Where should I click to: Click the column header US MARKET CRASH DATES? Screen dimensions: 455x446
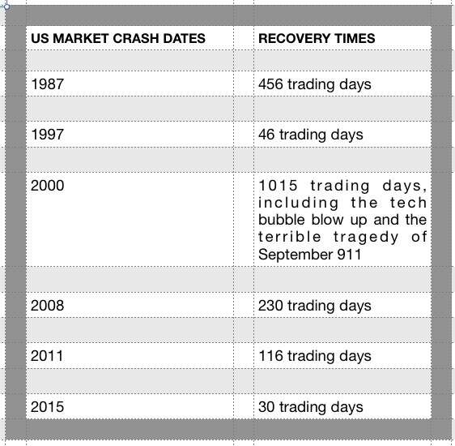pos(118,38)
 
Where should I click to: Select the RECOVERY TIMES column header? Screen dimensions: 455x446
pos(317,38)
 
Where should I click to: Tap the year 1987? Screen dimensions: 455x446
pos(47,84)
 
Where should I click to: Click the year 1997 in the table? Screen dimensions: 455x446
pos(47,135)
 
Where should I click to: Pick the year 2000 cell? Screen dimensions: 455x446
pos(47,186)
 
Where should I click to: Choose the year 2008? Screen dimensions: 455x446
pos(47,306)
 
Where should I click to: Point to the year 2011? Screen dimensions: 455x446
pos(47,356)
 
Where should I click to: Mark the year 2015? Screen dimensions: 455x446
pos(47,407)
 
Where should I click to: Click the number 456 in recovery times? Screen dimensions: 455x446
pos(270,84)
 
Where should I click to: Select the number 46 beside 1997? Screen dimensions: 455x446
pos(266,135)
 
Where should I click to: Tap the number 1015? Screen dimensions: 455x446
pos(278,186)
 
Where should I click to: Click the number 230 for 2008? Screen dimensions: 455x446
pos(270,306)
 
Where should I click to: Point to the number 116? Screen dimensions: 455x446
pos(270,356)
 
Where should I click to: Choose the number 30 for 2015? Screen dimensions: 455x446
pos(266,407)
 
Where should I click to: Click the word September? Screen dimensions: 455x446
pos(296,255)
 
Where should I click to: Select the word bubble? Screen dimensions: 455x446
pos(282,220)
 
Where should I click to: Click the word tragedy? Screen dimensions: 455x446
pos(366,238)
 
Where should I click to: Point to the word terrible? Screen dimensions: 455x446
pos(290,237)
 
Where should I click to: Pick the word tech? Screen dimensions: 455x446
pos(408,203)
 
